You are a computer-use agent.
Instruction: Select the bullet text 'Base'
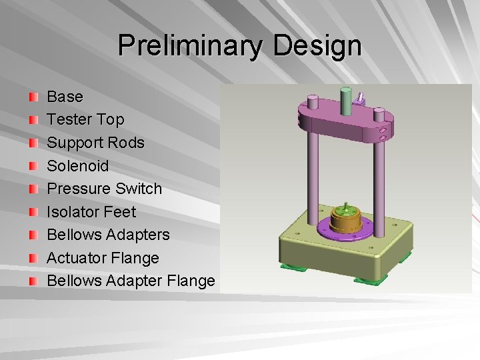click(x=65, y=97)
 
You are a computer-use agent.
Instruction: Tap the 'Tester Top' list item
click(x=85, y=120)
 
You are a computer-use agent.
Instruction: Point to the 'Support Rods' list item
click(x=95, y=143)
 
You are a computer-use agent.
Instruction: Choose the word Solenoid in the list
click(x=77, y=165)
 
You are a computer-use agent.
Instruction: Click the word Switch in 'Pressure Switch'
click(x=139, y=189)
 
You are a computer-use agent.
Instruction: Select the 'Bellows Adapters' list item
click(x=108, y=235)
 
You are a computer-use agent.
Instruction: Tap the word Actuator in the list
click(x=75, y=258)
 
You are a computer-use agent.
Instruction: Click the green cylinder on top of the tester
click(x=346, y=101)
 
